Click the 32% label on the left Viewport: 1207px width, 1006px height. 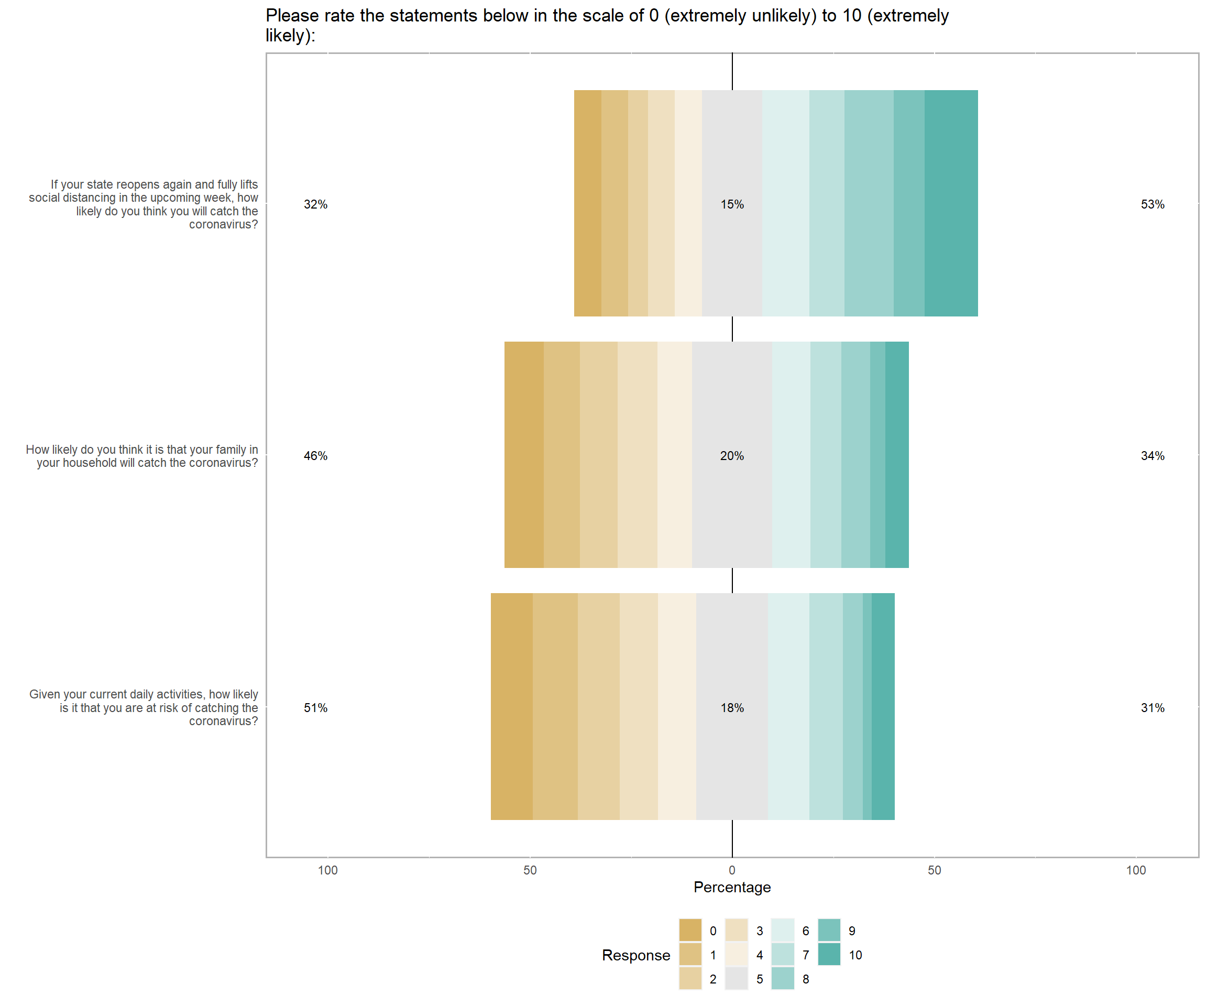[315, 205]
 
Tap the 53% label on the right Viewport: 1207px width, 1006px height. [1152, 205]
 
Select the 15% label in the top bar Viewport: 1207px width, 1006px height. [732, 205]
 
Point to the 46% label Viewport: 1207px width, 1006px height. [315, 456]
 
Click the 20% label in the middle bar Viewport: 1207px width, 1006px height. [732, 456]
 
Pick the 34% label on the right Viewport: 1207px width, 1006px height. [1152, 456]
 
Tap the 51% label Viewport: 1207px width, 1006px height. [315, 708]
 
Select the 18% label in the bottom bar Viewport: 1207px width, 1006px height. [732, 708]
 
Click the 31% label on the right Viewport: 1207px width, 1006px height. [1152, 708]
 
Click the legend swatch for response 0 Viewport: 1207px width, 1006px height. [690, 930]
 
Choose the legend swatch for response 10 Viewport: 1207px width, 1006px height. [829, 954]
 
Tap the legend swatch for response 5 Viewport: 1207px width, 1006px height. [736, 978]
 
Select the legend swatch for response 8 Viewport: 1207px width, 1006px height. [782, 978]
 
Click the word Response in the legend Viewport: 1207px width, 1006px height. [635, 955]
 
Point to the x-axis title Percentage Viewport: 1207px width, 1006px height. [732, 887]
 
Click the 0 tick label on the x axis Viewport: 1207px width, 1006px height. [732, 870]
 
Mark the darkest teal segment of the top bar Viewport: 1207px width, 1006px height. [951, 203]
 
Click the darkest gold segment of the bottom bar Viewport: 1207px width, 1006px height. [511, 706]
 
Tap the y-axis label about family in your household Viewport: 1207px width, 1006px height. [142, 456]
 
